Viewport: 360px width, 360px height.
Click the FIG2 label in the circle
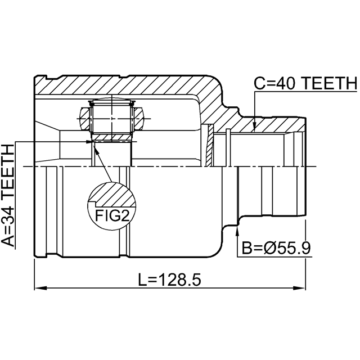coord(112,215)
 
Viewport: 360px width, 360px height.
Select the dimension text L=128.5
coord(169,280)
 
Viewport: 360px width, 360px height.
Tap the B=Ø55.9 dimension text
coord(276,248)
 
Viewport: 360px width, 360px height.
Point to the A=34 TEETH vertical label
coord(7,196)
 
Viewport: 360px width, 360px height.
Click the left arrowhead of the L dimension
coord(40,288)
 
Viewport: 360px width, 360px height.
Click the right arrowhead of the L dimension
coord(299,288)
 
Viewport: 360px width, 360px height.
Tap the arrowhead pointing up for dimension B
coord(237,231)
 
